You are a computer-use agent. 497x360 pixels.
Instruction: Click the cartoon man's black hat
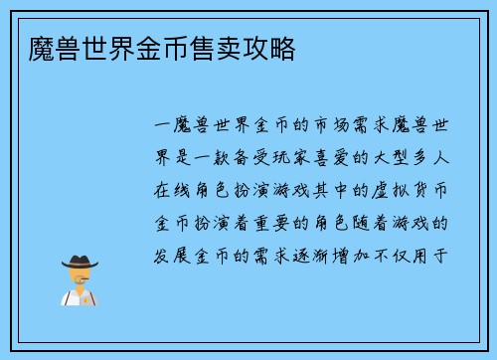(79, 262)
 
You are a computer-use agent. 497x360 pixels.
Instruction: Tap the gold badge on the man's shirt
(90, 296)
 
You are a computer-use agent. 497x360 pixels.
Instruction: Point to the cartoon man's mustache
(79, 281)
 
